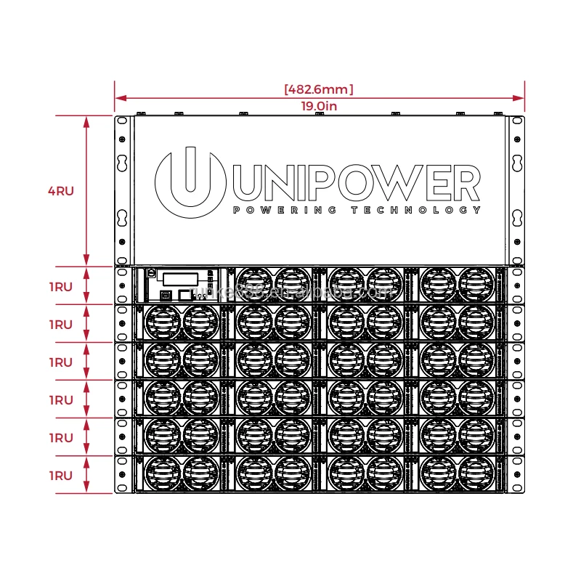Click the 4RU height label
(x=61, y=191)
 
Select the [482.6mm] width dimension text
(x=319, y=89)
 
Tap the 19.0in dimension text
(x=319, y=106)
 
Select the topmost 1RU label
(x=61, y=287)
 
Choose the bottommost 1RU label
(x=61, y=476)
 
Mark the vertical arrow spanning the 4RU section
(x=86, y=191)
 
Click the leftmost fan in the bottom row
(x=162, y=474)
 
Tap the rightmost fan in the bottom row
(x=476, y=474)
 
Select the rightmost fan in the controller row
(x=476, y=285)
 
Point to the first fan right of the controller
(x=254, y=285)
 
